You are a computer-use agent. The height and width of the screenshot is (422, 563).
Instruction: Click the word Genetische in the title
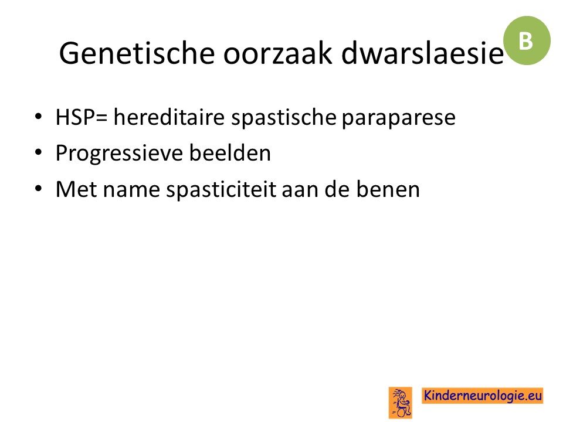coord(137,53)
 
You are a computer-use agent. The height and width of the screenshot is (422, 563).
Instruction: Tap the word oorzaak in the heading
coord(277,53)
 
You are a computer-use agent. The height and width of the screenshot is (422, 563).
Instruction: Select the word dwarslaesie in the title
coord(423,53)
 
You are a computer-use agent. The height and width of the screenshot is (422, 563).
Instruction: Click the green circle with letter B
coord(527,40)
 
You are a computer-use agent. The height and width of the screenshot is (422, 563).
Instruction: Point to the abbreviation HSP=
coord(82,117)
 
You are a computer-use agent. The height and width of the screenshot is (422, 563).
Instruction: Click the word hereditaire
coord(169,117)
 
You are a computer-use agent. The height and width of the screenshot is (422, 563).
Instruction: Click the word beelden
coord(230,152)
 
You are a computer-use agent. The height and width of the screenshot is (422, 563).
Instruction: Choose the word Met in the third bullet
coord(76,189)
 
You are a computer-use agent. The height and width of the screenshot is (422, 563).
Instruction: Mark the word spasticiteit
coord(221,190)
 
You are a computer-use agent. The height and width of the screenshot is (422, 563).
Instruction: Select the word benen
coord(388,189)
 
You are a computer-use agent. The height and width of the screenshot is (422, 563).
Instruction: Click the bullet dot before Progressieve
coord(39,152)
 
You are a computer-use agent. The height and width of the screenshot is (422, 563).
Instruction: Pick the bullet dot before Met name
coord(39,188)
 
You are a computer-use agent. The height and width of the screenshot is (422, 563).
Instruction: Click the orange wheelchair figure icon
coord(401,402)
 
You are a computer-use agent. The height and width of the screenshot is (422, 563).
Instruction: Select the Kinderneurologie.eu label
coord(482,396)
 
